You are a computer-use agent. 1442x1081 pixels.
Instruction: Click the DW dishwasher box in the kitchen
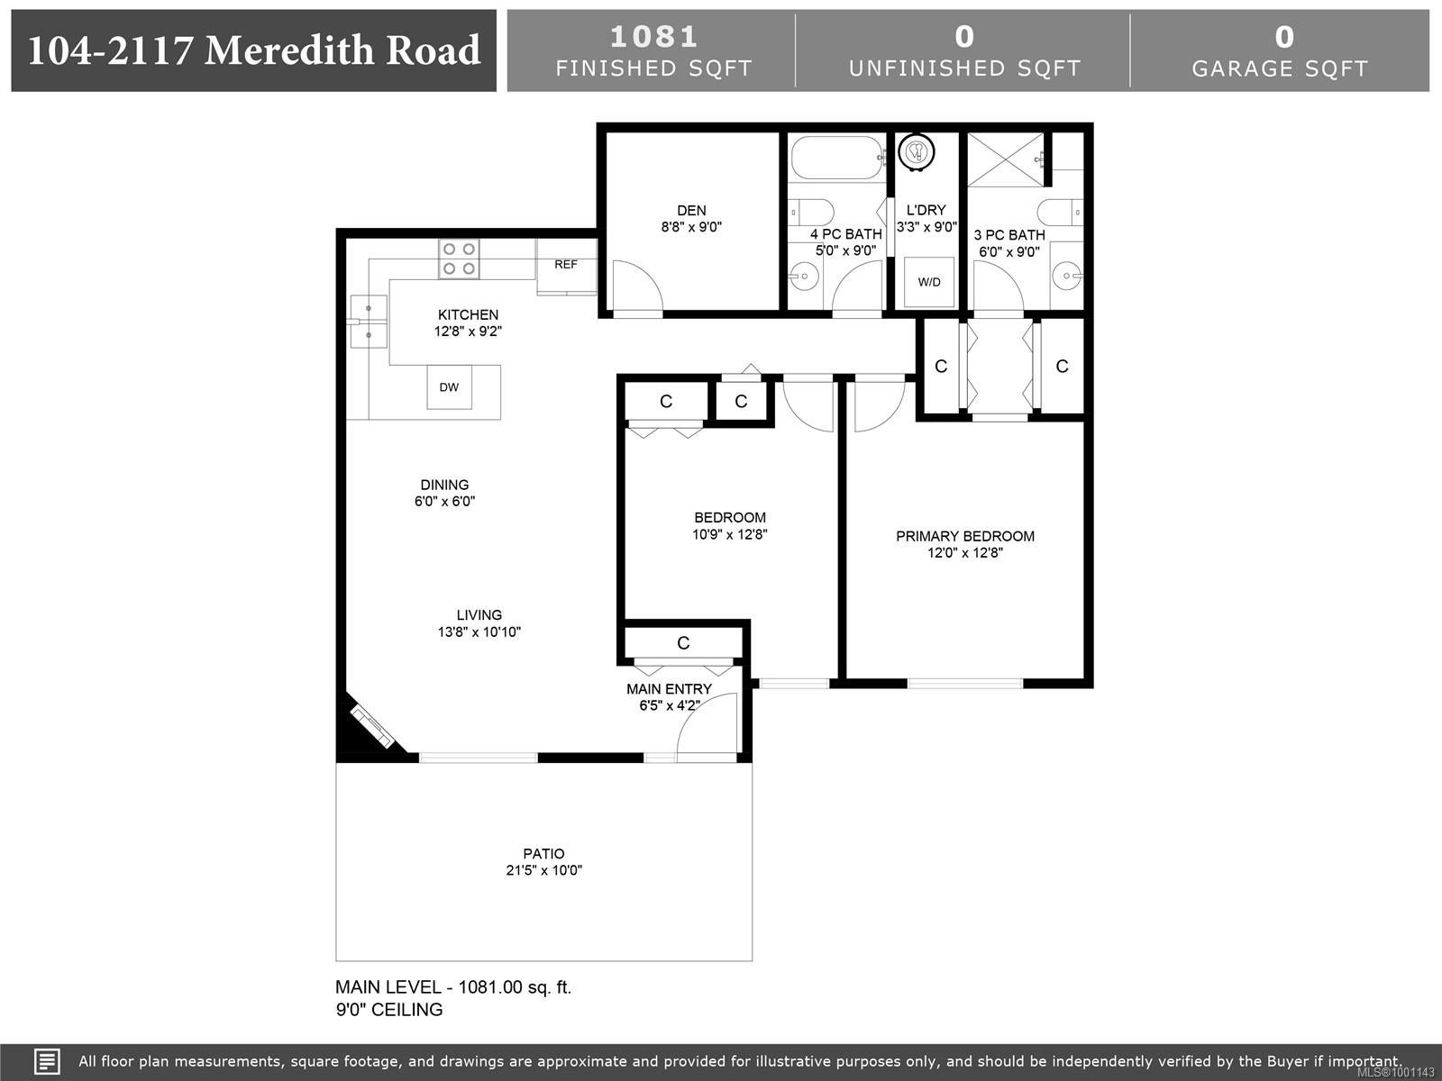[x=450, y=387]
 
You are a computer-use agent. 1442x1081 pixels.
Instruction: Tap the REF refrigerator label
[x=566, y=265]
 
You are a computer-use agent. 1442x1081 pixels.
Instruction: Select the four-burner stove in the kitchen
[x=459, y=259]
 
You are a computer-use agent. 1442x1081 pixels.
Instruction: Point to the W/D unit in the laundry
[x=929, y=282]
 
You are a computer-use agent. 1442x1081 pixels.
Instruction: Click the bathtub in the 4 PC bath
[x=837, y=158]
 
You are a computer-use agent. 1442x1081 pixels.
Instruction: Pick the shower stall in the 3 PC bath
[x=1005, y=159]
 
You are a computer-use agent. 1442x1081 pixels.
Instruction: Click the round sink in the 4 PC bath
[x=803, y=277]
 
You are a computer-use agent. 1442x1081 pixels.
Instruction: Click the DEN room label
[x=691, y=211]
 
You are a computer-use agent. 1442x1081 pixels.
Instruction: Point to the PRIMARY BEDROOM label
[x=965, y=536]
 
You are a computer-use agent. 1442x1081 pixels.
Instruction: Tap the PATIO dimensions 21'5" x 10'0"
[x=544, y=870]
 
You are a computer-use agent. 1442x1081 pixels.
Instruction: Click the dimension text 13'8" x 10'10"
[x=479, y=632]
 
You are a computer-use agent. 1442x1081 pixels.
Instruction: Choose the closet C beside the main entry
[x=683, y=643]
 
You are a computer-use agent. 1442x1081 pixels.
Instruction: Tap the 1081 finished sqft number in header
[x=653, y=37]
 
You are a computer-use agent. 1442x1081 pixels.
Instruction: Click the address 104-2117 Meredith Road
[x=254, y=50]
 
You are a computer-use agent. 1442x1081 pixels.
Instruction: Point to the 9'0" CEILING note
[x=389, y=1010]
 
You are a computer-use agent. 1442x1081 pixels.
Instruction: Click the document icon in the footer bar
[x=47, y=1061]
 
